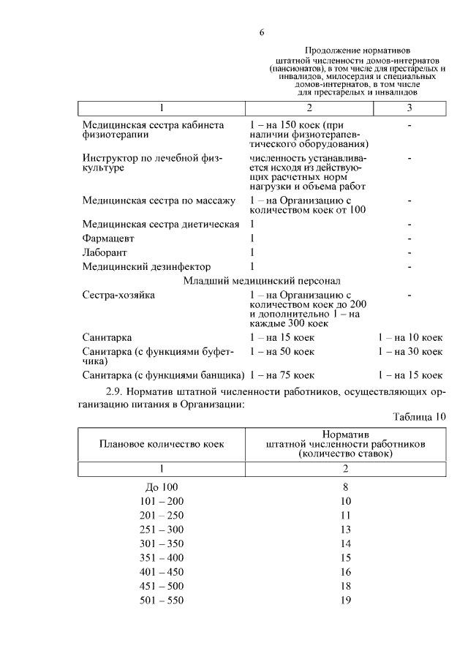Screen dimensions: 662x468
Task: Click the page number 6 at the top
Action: click(261, 32)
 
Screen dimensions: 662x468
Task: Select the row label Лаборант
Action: click(104, 252)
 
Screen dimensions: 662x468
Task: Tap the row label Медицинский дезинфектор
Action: click(146, 266)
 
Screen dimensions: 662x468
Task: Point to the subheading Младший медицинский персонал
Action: click(261, 280)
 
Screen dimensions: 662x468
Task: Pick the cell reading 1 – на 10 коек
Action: click(410, 337)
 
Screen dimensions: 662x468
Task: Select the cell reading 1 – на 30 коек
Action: click(410, 352)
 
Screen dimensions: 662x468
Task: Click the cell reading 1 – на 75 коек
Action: click(282, 375)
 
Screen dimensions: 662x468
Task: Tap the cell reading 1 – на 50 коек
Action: click(282, 352)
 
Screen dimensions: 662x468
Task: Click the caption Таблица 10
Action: click(419, 417)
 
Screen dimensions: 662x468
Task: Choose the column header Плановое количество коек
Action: click(162, 444)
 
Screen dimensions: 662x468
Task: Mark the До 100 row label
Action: click(162, 486)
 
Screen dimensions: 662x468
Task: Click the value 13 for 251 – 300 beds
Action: click(346, 529)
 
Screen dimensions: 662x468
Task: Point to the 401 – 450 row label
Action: click(162, 571)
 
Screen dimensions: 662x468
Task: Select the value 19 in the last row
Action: click(346, 601)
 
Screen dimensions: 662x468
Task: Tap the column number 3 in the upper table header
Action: click(409, 108)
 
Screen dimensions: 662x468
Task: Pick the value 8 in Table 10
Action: click(346, 486)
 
